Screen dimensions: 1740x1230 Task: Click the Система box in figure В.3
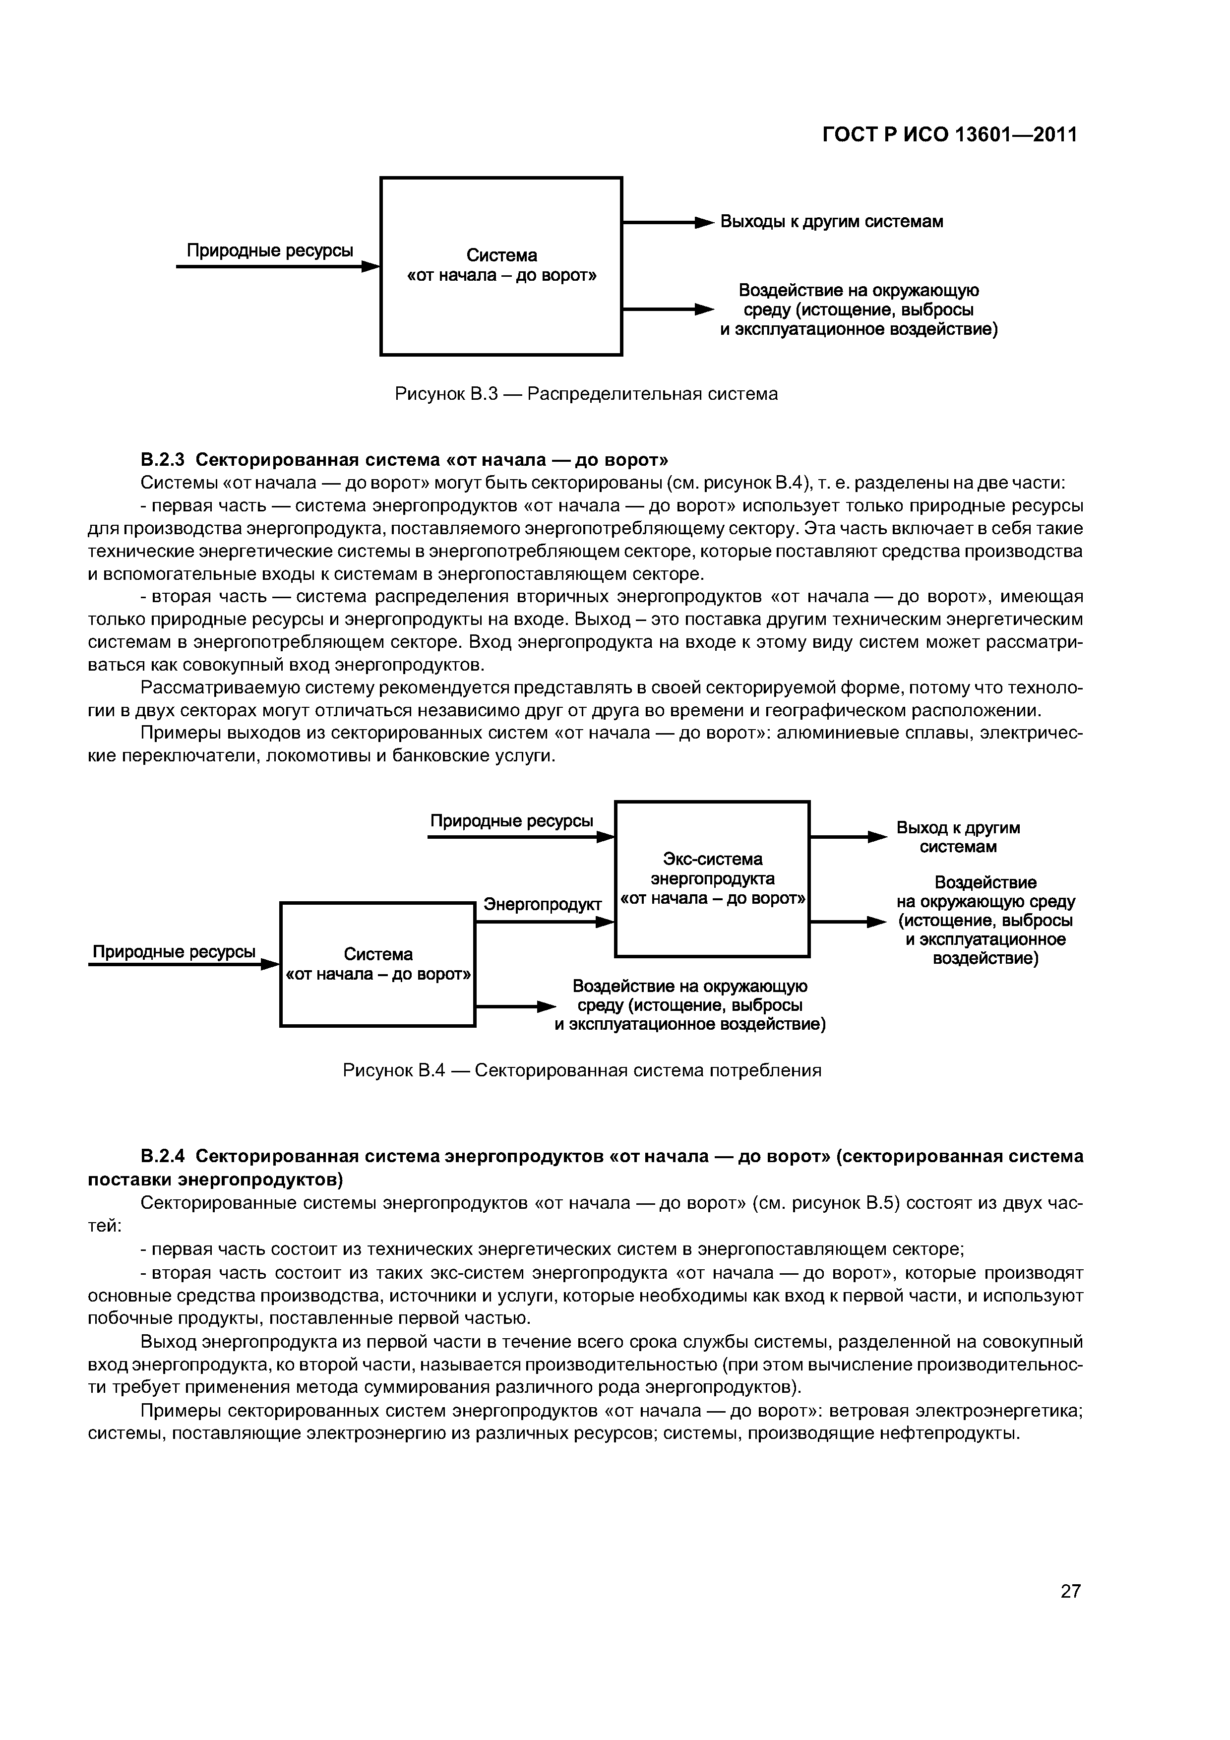[501, 266]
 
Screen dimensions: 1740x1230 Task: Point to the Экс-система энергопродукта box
[712, 879]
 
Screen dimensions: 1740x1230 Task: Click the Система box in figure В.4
[377, 964]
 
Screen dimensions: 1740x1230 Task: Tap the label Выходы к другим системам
[831, 222]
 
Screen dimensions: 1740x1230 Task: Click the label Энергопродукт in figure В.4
[542, 904]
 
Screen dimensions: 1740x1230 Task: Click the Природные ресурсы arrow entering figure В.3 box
[277, 267]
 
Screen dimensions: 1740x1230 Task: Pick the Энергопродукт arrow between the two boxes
[544, 922]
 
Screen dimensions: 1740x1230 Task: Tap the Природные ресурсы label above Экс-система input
[511, 821]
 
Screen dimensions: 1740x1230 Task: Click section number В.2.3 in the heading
[162, 460]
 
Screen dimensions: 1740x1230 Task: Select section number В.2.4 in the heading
[162, 1156]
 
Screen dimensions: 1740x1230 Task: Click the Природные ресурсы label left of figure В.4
[174, 952]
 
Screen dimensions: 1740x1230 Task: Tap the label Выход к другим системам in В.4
[957, 837]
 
